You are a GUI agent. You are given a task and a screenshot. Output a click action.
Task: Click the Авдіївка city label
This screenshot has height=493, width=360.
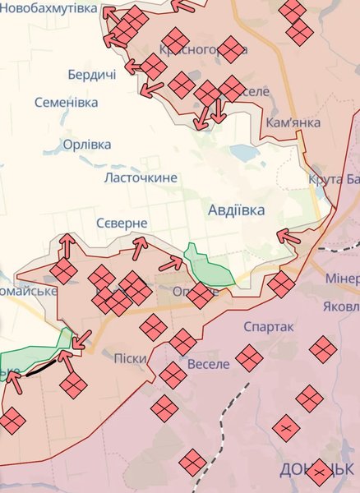237,210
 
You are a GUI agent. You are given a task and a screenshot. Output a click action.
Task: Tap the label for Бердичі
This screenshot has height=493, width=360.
92,75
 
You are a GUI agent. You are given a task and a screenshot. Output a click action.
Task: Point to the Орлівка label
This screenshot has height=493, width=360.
86,145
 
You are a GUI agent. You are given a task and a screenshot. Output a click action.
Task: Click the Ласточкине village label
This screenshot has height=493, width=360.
141,177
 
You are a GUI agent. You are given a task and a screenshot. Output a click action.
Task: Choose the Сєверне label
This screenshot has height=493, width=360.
121,223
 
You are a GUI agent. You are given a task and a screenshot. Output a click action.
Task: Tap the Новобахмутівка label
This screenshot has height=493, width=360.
48,10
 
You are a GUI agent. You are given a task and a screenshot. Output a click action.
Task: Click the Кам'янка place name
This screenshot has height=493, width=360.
293,123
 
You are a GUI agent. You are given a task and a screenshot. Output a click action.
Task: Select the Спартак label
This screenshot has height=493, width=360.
269,327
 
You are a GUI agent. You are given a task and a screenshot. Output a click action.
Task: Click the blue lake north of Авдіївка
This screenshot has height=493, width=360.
245,152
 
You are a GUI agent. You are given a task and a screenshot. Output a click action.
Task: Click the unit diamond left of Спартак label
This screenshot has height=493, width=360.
249,357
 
